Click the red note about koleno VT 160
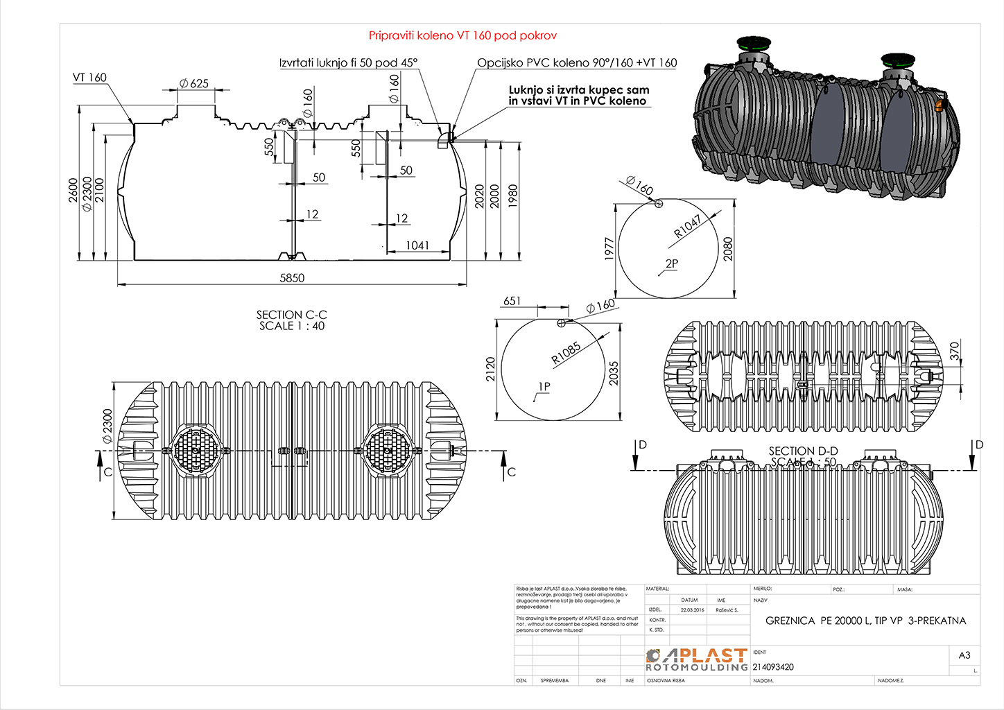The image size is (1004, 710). (x=462, y=35)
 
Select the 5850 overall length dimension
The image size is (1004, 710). (x=292, y=278)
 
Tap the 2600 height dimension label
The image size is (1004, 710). (x=73, y=190)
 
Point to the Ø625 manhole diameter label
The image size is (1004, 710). (x=194, y=83)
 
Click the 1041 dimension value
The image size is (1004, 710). (x=417, y=245)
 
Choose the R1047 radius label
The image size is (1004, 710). (x=688, y=226)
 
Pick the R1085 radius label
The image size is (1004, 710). (x=566, y=354)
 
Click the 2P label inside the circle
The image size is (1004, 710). (x=671, y=263)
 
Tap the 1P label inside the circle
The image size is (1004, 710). (x=544, y=386)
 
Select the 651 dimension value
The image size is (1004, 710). (x=512, y=301)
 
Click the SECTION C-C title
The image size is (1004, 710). (x=291, y=315)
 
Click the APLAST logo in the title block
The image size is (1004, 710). (x=697, y=659)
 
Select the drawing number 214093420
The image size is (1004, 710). (x=773, y=667)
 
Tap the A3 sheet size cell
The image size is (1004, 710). (x=964, y=655)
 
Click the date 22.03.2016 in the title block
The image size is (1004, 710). (x=692, y=610)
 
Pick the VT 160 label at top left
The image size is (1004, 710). (x=89, y=78)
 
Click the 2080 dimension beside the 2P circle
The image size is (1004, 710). (x=727, y=248)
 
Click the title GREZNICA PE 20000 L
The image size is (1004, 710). (x=865, y=621)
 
